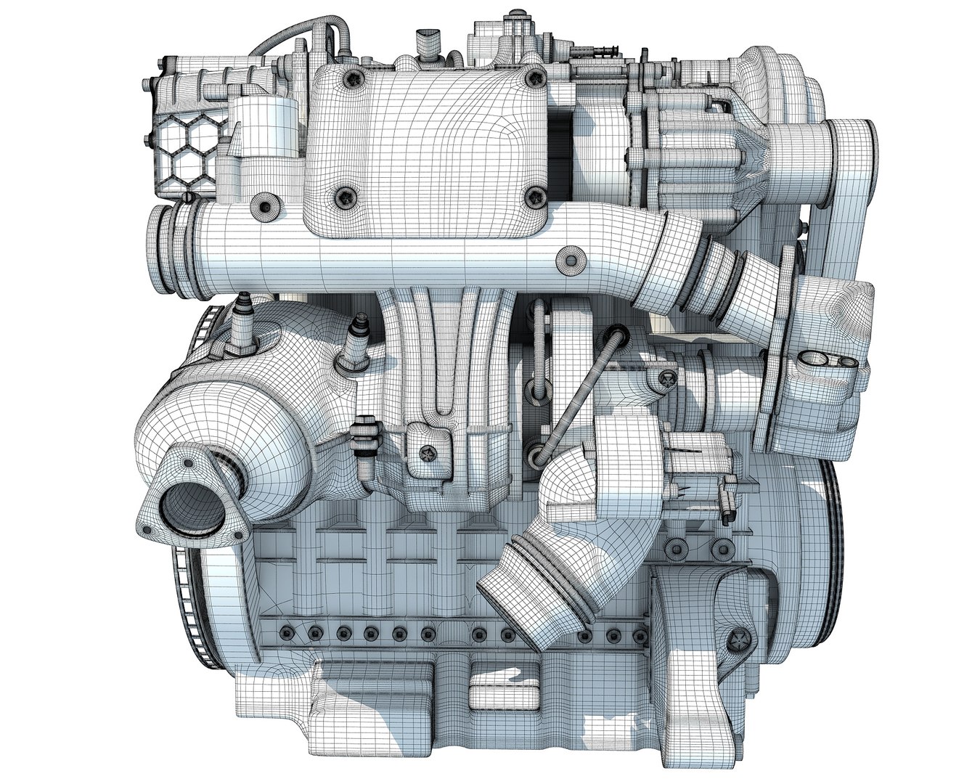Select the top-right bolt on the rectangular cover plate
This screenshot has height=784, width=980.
535,76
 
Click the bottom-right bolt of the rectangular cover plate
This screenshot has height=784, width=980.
537,195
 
